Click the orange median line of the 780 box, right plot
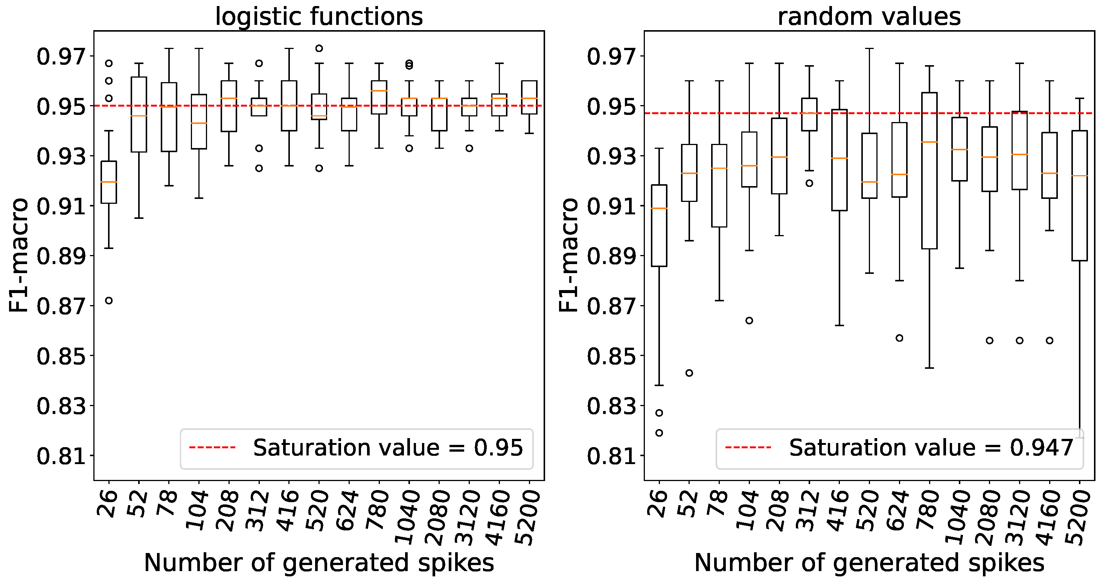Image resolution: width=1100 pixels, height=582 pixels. (929, 142)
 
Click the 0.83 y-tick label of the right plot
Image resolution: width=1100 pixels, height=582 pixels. (611, 406)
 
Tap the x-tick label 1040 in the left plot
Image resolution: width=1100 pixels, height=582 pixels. (408, 517)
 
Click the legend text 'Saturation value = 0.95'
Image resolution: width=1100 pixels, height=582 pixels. (388, 448)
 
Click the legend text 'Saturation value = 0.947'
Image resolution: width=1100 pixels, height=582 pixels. (931, 448)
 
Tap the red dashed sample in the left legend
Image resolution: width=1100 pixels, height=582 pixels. (212, 448)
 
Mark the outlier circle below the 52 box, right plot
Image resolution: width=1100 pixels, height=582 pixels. (689, 373)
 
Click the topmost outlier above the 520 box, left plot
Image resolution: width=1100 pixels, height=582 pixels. (319, 48)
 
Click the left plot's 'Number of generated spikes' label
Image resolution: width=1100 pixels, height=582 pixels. (319, 562)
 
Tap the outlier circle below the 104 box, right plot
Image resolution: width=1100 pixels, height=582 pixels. (749, 321)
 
